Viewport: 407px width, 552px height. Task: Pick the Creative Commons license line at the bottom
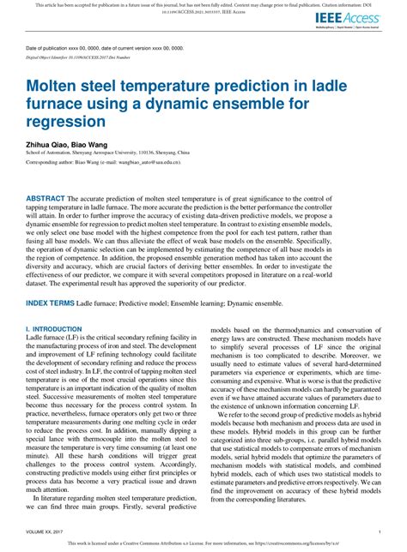pyautogui.click(x=203, y=543)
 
